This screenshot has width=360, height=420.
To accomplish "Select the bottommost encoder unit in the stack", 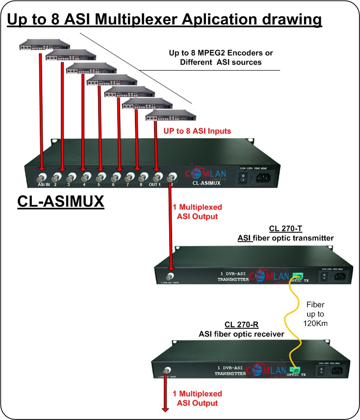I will click(170, 116).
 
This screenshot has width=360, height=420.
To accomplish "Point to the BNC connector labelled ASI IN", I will click(40, 176).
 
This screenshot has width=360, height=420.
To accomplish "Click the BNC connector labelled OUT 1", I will click(157, 177).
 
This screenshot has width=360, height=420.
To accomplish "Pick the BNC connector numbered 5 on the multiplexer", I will click(100, 177).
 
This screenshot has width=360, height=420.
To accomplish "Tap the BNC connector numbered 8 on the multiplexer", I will click(143, 177).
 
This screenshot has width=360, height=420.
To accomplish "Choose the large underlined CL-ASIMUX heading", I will click(61, 201).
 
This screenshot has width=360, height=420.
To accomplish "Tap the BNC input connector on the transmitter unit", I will click(170, 273).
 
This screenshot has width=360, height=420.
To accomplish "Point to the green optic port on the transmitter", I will click(296, 276).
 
